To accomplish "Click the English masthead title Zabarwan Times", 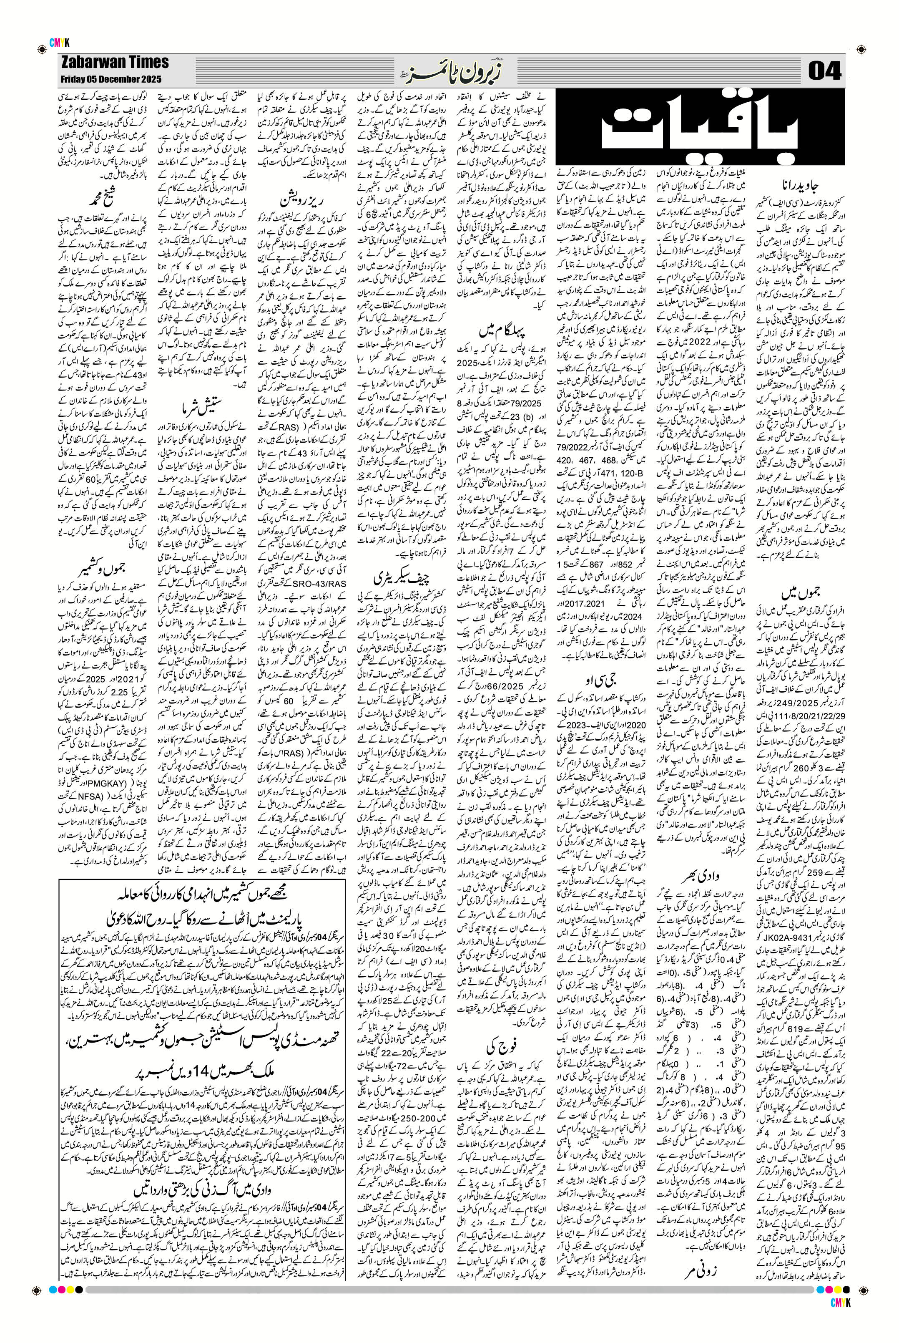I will click(x=113, y=62).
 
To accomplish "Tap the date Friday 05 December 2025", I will click(x=110, y=79).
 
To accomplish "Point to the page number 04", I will click(x=824, y=71).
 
